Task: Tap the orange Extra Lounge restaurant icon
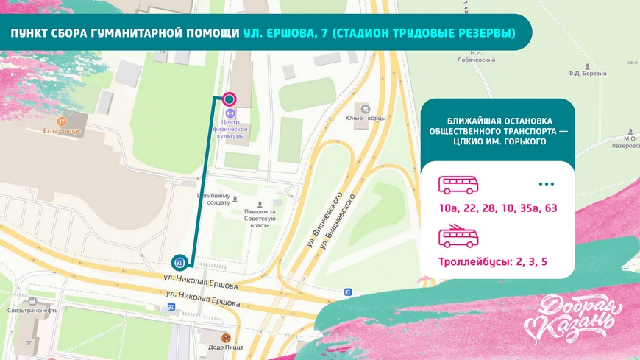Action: pyautogui.click(x=62, y=120)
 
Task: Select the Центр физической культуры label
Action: pyautogui.click(x=231, y=130)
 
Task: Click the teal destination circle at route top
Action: pyautogui.click(x=230, y=99)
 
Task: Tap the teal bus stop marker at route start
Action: pyautogui.click(x=179, y=263)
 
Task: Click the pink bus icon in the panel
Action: pyautogui.click(x=458, y=184)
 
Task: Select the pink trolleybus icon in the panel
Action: pyautogui.click(x=458, y=236)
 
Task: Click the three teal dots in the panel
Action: pyautogui.click(x=546, y=184)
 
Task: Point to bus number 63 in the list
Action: pyautogui.click(x=550, y=208)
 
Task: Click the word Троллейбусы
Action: pyautogui.click(x=473, y=261)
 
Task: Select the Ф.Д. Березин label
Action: pyautogui.click(x=587, y=74)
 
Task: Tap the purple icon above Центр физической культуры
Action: pyautogui.click(x=231, y=113)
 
